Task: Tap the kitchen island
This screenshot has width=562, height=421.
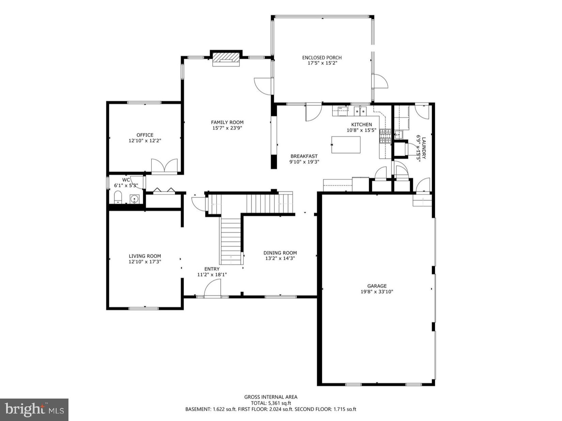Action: [346, 145]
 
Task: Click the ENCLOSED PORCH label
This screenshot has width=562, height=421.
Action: [322, 57]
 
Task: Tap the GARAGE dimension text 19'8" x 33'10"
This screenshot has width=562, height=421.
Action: [377, 291]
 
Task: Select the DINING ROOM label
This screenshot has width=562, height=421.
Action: [280, 253]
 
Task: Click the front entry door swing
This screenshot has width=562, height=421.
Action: [212, 288]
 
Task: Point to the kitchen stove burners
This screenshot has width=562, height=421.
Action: [386, 136]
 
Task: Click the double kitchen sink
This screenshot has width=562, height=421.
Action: [360, 111]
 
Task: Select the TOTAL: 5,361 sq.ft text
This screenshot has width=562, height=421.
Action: [271, 403]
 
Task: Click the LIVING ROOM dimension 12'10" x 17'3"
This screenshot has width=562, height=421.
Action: [145, 262]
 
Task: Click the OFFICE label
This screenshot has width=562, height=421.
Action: [145, 135]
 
